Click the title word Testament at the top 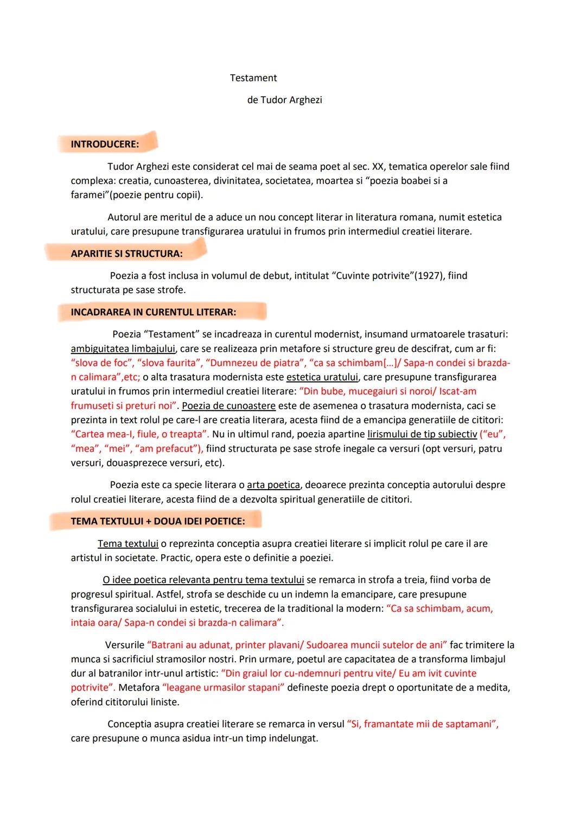253,78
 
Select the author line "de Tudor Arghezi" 284,100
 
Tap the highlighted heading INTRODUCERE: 105,144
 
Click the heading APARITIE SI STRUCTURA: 126,254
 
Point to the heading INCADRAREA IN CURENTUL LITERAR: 153,312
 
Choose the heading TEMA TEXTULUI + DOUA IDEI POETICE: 157,521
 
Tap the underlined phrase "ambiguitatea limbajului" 123,349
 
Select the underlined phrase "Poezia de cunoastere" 228,406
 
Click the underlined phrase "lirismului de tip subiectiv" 422,434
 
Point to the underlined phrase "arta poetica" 273,485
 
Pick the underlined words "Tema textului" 128,543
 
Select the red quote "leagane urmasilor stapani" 223,688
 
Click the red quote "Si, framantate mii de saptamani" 422,724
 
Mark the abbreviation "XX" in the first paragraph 378,167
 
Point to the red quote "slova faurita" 169,363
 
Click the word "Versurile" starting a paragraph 125,645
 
